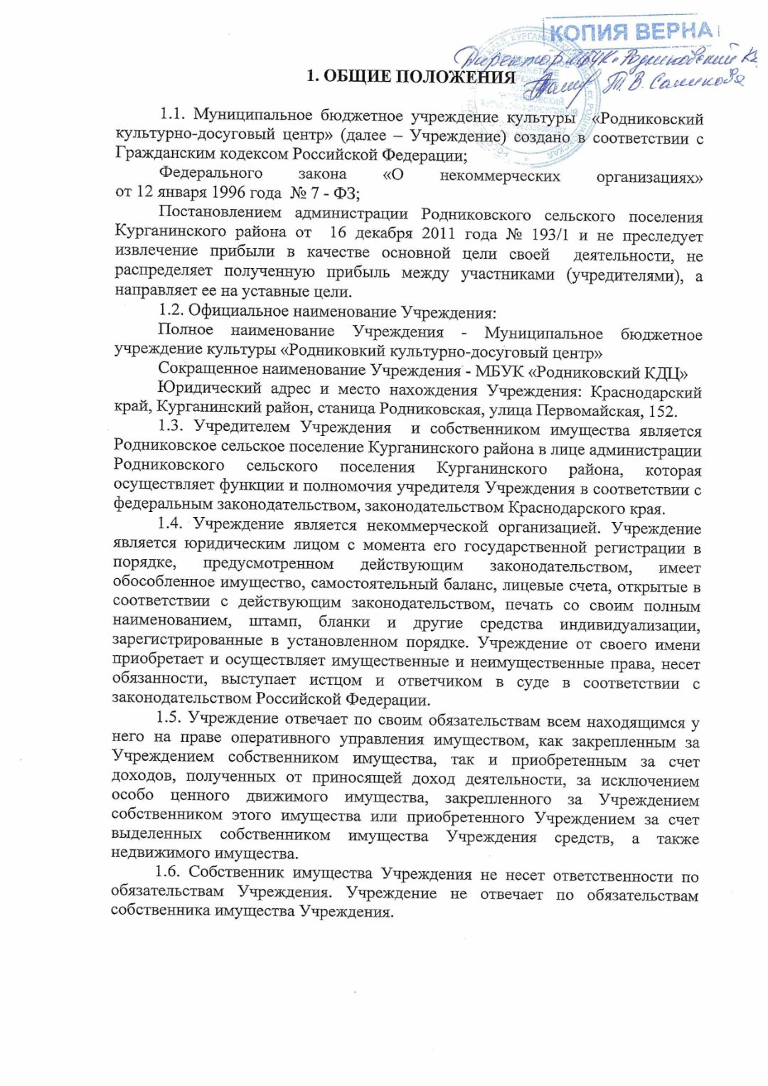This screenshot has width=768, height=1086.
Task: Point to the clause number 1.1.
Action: (172, 114)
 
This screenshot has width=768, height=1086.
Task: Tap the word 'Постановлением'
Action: (220, 212)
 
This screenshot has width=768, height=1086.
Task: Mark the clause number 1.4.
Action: (171, 523)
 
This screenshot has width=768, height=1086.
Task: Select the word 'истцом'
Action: (336, 681)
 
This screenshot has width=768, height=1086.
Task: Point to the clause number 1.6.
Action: (169, 873)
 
